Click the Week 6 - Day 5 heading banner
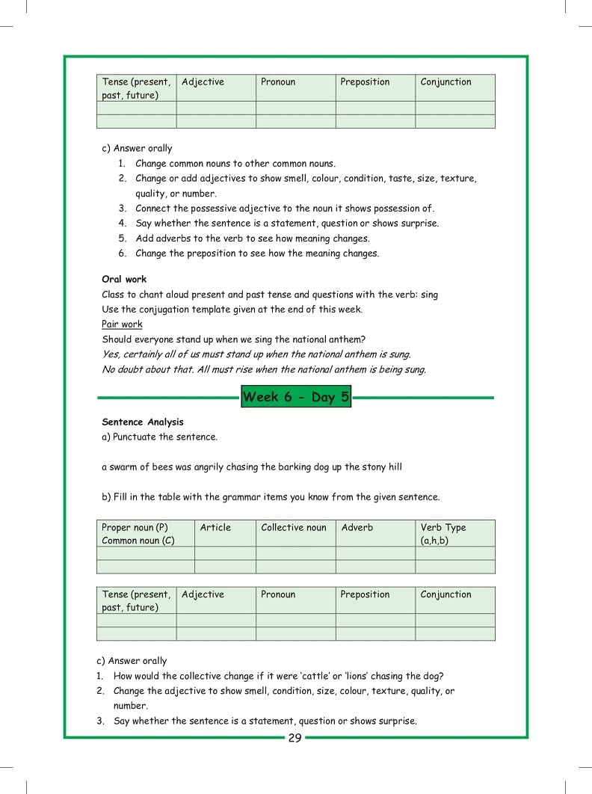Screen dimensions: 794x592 tap(295, 397)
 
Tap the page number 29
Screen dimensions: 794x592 tap(295, 739)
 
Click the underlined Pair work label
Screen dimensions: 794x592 tap(122, 324)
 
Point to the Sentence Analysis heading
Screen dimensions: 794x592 tap(142, 422)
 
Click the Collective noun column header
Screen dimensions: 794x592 tap(294, 528)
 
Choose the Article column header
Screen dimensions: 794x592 tap(215, 528)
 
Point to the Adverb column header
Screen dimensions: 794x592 tap(357, 528)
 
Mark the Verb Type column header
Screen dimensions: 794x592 tap(443, 528)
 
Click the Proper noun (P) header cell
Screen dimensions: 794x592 tap(135, 528)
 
